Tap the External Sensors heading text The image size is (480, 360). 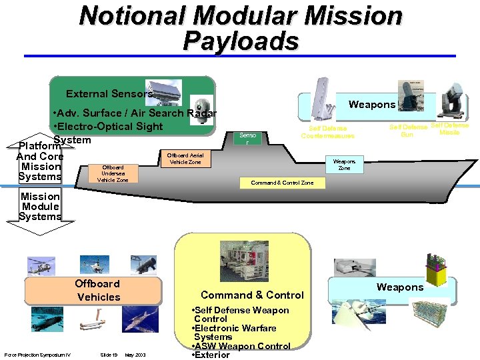(x=109, y=94)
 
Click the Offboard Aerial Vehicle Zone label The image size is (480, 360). (x=185, y=158)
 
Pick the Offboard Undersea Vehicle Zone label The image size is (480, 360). (x=113, y=173)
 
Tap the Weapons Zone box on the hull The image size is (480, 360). (x=344, y=164)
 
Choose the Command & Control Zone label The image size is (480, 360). (x=282, y=183)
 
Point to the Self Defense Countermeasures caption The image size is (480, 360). (x=327, y=132)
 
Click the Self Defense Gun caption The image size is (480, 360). (x=408, y=131)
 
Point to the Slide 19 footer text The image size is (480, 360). (x=109, y=353)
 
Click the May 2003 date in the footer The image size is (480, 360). (x=135, y=353)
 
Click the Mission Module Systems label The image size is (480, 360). (x=40, y=206)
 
